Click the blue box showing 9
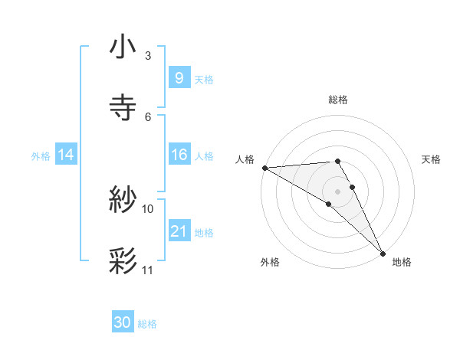coord(179,77)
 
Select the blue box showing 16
coord(179,155)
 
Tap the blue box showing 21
coord(179,232)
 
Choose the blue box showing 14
coord(66,155)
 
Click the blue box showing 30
coord(123,322)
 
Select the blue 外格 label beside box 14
coord(41,156)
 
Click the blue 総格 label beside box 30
coord(147,324)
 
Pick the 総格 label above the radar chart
coord(337,100)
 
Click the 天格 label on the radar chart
coord(431,159)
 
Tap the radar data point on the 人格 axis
coord(264,168)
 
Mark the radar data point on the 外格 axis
coord(329,204)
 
